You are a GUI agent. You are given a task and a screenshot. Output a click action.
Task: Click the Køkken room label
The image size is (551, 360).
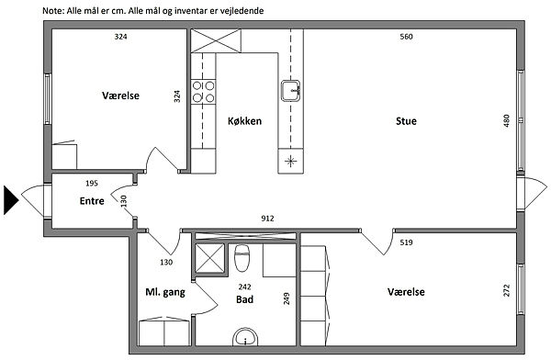[244, 121]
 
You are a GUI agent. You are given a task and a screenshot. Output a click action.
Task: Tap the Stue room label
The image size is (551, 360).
[406, 121]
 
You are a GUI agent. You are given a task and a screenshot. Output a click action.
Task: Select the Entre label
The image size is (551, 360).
[92, 201]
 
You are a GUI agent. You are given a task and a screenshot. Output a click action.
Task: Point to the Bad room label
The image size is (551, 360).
[244, 299]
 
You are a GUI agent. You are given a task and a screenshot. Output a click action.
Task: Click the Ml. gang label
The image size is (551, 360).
[165, 292]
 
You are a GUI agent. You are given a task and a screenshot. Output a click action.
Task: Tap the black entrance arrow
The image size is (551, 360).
[11, 200]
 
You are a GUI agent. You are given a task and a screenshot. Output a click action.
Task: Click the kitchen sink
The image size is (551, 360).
[290, 91]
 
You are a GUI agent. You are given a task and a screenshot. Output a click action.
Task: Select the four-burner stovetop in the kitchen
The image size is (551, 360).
[203, 92]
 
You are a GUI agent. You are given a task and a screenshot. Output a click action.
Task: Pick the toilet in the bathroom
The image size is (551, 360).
[242, 258]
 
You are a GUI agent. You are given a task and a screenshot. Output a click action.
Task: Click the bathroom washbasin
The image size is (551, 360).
[245, 338]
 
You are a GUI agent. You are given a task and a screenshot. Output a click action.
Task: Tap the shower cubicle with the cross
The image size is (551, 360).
[209, 258]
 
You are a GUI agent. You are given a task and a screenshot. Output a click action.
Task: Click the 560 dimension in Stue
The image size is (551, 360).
[406, 37]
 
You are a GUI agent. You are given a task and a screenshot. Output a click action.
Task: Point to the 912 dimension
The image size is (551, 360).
[267, 219]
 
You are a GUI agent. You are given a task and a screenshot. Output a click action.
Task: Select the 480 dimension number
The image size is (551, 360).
[506, 121]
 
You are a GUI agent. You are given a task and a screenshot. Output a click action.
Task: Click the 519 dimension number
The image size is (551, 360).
[406, 242]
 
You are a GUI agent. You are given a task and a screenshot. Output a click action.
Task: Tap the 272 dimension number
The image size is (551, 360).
[506, 290]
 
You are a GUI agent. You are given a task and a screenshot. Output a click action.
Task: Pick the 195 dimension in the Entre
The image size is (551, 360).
[92, 183]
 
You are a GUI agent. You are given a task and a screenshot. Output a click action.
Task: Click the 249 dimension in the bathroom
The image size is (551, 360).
[287, 298]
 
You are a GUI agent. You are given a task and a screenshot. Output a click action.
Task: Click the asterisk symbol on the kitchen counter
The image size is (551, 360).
[290, 162]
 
